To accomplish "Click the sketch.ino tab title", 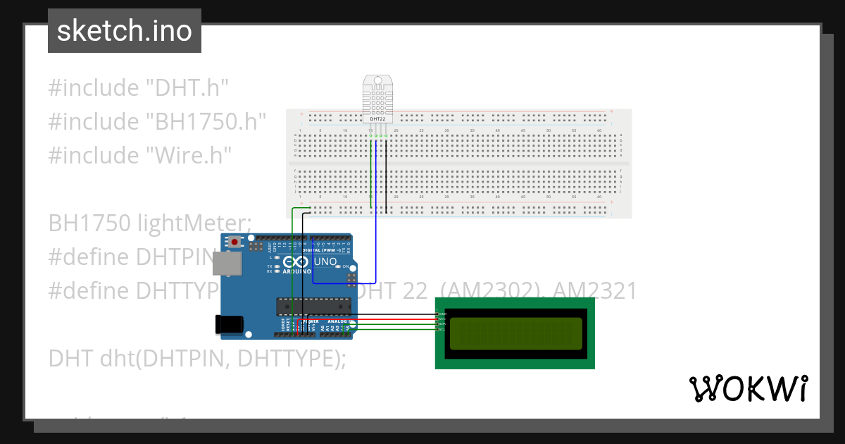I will click(124, 31).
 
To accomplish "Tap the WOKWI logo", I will click(748, 388).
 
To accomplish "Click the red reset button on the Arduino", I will click(234, 242).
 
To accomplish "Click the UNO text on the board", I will click(324, 262).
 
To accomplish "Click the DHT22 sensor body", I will click(377, 97).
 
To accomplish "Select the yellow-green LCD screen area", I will click(515, 333).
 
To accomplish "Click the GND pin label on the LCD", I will click(442, 313).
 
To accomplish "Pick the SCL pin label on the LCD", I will click(442, 329).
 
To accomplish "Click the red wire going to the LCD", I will click(394, 319).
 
